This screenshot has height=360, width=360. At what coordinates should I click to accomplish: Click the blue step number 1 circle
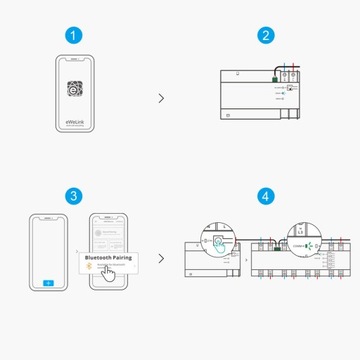pyautogui.click(x=72, y=36)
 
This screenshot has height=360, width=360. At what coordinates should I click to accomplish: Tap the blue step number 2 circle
pyautogui.click(x=266, y=36)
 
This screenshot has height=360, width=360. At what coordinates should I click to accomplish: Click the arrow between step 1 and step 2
pyautogui.click(x=162, y=98)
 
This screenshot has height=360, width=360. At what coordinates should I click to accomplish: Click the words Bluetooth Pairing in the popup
pyautogui.click(x=112, y=257)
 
